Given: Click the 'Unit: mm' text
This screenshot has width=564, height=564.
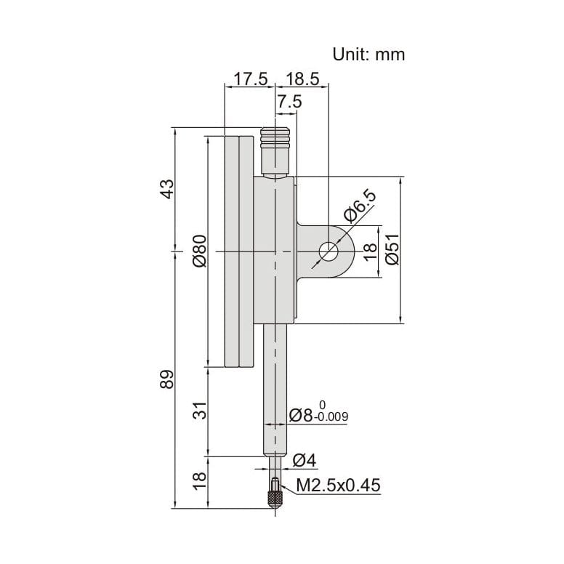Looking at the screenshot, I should click(x=368, y=54).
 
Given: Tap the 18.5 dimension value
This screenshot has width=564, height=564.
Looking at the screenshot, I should click(x=303, y=79).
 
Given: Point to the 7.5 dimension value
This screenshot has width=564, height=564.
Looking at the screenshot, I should click(x=289, y=102).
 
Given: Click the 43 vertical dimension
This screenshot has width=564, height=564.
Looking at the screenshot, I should click(x=167, y=189).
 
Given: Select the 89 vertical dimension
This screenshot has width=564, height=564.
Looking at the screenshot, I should click(x=167, y=379).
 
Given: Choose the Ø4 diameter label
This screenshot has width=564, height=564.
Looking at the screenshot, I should click(x=303, y=459).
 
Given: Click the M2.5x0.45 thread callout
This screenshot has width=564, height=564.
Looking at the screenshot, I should click(x=338, y=486).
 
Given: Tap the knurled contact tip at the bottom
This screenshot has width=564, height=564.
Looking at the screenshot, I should click(x=276, y=500).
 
